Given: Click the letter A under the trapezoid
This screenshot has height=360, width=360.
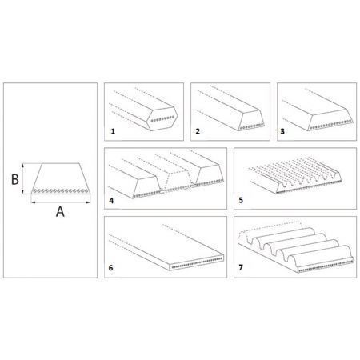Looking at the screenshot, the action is [x=60, y=212].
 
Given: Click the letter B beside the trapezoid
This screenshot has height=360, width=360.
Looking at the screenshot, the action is [x=15, y=179].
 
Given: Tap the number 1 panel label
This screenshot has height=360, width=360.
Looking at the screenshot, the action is [x=113, y=131].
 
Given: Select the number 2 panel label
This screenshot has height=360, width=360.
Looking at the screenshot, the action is [x=198, y=131].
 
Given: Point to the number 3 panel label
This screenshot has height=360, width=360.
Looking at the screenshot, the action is [x=282, y=131].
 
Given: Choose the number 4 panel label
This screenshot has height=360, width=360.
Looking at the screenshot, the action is [x=111, y=201].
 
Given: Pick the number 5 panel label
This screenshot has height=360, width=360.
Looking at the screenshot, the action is [x=241, y=200].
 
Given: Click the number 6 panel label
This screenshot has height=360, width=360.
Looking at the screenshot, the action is [x=111, y=268].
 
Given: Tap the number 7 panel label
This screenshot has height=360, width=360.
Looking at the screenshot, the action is [x=241, y=267].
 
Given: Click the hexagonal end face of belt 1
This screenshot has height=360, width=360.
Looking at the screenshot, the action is [x=162, y=118].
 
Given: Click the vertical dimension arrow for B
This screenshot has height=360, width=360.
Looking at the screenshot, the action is [x=23, y=178].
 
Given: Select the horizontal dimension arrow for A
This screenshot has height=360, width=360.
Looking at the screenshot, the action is [x=61, y=202].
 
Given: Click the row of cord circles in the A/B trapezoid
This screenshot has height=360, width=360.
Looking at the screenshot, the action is [x=61, y=191].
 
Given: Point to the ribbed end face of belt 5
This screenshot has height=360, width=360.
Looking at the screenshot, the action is [x=309, y=183].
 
